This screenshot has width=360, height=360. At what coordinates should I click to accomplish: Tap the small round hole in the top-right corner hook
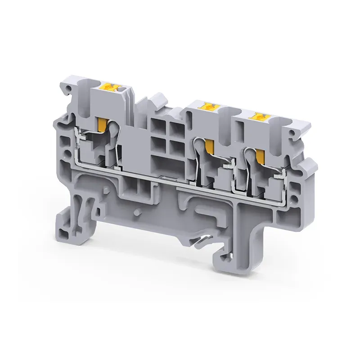pyautogui.click(x=293, y=134)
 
